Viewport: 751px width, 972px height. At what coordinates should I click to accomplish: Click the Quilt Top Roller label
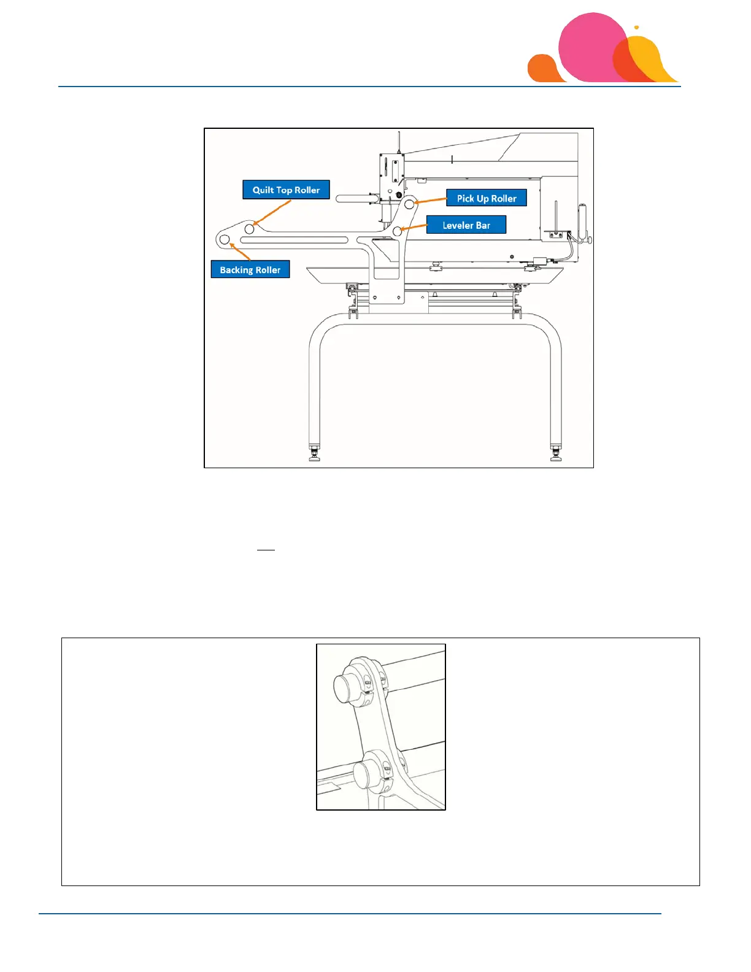[286, 190]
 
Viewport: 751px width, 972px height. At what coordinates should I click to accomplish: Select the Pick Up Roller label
[487, 198]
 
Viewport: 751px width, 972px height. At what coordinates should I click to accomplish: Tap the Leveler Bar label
[466, 225]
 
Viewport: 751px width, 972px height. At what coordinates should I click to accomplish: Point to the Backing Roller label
[250, 270]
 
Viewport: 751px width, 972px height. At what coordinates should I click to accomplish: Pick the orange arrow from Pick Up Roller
[431, 200]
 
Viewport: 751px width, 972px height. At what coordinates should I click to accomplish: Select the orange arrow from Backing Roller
[240, 252]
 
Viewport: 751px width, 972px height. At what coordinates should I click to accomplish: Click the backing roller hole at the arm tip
[225, 239]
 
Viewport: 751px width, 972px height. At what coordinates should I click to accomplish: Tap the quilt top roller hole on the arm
[250, 229]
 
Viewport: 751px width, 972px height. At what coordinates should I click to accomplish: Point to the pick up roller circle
[409, 204]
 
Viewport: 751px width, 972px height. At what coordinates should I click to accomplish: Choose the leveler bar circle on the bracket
[398, 231]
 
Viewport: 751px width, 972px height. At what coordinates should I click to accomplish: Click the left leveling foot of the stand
[315, 455]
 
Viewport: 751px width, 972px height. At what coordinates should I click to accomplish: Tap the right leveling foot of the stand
[556, 455]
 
